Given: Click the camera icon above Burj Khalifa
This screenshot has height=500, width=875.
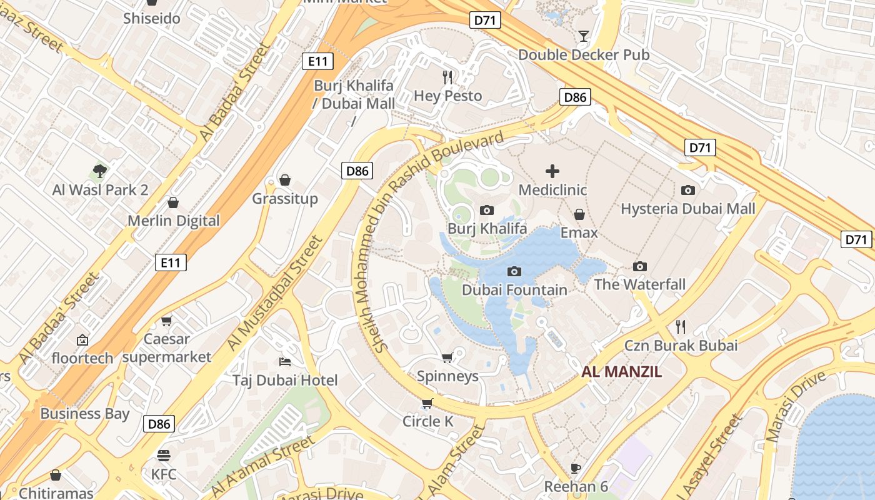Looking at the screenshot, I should tap(487, 211).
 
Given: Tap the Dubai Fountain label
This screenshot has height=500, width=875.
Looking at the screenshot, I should tap(514, 290).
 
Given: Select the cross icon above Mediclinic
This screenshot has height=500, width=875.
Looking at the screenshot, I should tap(552, 171).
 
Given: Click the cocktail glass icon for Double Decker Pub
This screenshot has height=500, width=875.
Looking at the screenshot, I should tap(584, 36).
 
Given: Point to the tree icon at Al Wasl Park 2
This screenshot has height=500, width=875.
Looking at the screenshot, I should tap(99, 171).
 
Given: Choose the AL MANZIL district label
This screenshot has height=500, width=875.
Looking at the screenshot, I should tap(621, 372).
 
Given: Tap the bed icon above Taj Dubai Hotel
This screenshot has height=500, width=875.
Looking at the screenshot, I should tap(285, 362).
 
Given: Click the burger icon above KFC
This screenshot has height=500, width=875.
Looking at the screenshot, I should tap(164, 456).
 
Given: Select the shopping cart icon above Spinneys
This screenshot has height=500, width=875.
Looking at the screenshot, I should tap(447, 357).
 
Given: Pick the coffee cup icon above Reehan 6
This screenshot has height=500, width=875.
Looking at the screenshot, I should tap(576, 468).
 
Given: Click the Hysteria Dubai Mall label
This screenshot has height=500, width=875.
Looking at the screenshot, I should tap(687, 209).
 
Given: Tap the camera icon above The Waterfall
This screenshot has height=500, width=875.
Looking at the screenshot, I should tap(639, 267).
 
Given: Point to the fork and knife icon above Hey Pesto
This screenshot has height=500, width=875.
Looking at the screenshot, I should tap(447, 77).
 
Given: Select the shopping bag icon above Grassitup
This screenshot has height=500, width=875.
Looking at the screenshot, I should tap(285, 181).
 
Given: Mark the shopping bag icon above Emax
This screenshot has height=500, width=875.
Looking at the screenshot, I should tap(579, 214).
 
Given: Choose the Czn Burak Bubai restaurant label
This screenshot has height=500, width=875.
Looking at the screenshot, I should tap(681, 346).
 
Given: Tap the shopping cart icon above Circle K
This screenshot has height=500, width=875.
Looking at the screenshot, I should tap(427, 403).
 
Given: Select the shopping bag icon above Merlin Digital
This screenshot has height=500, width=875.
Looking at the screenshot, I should tap(173, 202).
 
